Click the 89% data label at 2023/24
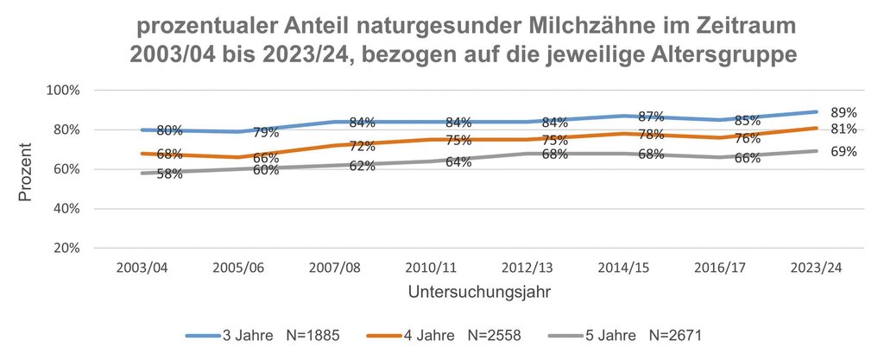(x=843, y=112)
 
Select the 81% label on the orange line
(x=843, y=129)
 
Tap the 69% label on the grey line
(x=843, y=152)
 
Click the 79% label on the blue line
(x=266, y=133)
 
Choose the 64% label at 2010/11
(x=458, y=161)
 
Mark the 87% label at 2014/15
(x=652, y=117)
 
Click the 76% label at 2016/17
(x=748, y=138)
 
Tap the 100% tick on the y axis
(x=64, y=90)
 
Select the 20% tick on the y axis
(x=66, y=248)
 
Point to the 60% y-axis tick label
(x=66, y=169)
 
